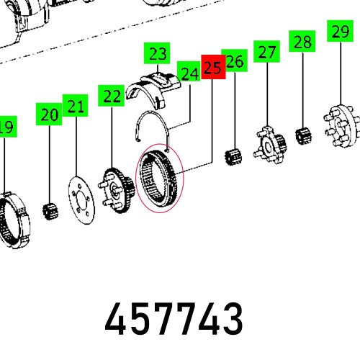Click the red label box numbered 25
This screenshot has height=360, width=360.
tap(212, 68)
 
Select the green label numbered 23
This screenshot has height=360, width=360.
tap(158, 53)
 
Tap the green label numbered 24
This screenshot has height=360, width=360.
tap(189, 73)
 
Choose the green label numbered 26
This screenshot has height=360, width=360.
tap(235, 63)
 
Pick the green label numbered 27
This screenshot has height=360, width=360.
tap(267, 53)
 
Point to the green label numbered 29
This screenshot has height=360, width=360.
tap(338, 32)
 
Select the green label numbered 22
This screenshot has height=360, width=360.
tap(112, 95)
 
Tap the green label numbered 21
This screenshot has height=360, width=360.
tap(76, 105)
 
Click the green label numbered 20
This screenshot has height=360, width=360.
tap(49, 114)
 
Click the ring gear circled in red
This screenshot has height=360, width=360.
tap(161, 181)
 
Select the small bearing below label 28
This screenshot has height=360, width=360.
tap(303, 135)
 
